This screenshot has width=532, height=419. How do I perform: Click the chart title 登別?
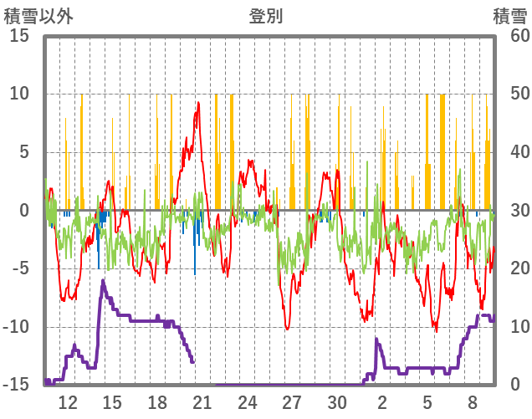pos(265,16)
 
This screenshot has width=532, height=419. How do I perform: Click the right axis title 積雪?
pos(509,16)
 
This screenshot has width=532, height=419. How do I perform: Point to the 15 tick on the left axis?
pos(20,36)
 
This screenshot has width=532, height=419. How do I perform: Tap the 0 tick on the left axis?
pos(24,211)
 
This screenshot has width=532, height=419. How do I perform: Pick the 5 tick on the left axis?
pos(24,152)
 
